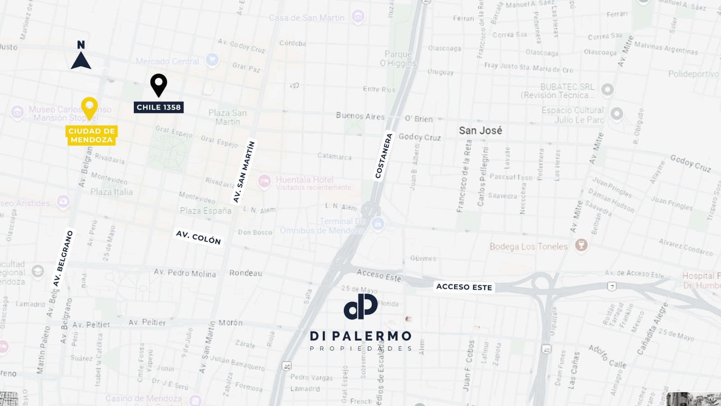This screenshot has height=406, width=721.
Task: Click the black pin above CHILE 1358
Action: (x=159, y=84)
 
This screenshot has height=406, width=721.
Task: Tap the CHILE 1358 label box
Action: (x=159, y=107)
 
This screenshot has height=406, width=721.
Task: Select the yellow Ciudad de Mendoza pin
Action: (x=89, y=107)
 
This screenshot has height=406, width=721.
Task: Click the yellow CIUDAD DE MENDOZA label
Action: (x=91, y=135)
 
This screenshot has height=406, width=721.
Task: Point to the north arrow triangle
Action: (x=81, y=61)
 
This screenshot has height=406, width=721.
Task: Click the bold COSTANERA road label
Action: (x=384, y=156)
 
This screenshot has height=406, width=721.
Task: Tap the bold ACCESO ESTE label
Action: (x=464, y=287)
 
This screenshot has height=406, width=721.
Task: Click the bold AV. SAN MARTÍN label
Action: (x=244, y=172)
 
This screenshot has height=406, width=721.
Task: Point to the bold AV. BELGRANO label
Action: (x=63, y=259)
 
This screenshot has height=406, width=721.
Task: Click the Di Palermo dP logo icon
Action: (x=360, y=306)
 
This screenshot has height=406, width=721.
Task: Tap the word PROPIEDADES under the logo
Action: (x=361, y=348)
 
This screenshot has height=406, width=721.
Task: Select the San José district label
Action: (x=480, y=130)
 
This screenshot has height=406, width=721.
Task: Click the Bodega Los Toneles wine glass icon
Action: (x=581, y=245)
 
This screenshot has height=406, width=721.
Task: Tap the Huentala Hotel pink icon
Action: (x=265, y=181)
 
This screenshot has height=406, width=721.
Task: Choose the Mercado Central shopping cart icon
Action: (x=212, y=59)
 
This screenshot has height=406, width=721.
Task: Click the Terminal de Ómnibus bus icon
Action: (x=378, y=224)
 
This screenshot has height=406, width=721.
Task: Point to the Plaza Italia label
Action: (x=111, y=192)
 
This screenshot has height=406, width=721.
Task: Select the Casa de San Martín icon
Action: (x=358, y=17)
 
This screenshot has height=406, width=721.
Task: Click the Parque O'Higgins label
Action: (x=398, y=59)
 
